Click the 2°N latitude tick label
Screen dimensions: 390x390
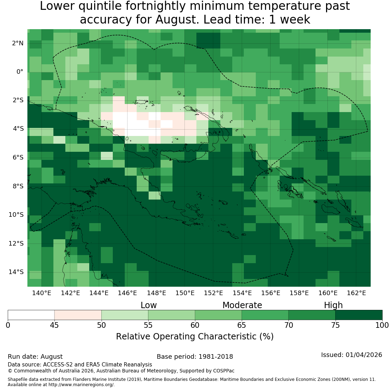(18, 43)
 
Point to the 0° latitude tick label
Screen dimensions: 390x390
(20, 72)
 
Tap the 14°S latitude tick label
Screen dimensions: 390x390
(16, 272)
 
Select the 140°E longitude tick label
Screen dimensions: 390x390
(41, 293)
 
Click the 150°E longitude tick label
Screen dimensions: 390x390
(185, 293)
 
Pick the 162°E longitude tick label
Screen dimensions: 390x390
(356, 293)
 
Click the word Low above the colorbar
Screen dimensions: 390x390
(149, 305)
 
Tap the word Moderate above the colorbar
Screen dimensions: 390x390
(242, 305)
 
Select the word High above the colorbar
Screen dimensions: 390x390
(333, 305)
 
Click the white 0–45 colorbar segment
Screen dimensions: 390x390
(31, 315)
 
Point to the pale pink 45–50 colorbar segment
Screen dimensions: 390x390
(78, 315)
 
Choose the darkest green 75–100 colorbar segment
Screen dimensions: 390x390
(359, 315)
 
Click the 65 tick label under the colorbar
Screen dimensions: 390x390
(241, 325)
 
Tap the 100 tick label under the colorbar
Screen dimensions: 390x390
(382, 325)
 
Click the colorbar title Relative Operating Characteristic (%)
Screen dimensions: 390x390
(195, 337)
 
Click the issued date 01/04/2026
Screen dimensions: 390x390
(364, 355)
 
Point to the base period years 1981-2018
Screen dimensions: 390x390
(216, 357)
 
